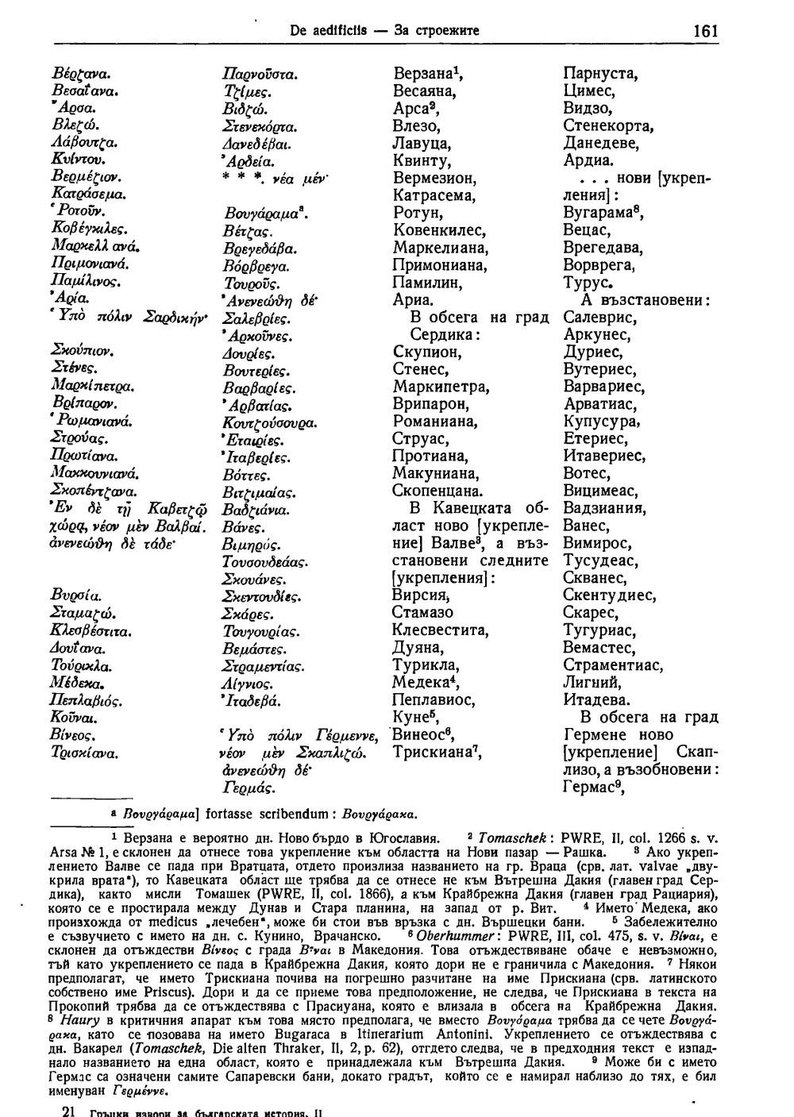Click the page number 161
tap(705, 31)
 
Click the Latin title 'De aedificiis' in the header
tap(322, 32)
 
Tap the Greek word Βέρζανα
tap(79, 74)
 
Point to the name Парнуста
tap(599, 74)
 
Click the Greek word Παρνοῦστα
tap(260, 75)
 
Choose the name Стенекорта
tap(607, 126)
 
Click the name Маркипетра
tap(440, 387)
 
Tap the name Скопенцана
tap(437, 491)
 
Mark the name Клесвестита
tap(440, 631)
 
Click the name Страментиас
tap(613, 665)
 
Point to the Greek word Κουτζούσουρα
tap(270, 422)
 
